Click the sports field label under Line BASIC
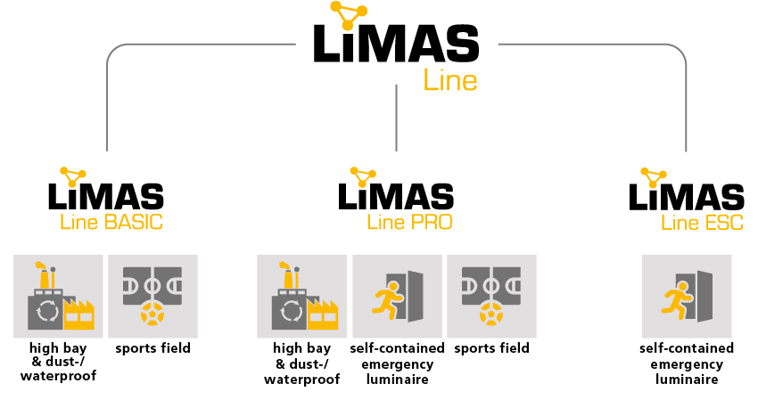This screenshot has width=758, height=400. point(152,347)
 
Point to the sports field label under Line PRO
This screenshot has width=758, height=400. point(491,347)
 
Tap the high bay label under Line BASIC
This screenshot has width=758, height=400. point(57,362)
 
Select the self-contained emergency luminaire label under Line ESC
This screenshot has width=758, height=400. point(687,363)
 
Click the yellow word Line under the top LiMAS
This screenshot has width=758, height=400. point(450,80)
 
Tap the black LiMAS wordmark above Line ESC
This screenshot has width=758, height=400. point(687,196)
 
